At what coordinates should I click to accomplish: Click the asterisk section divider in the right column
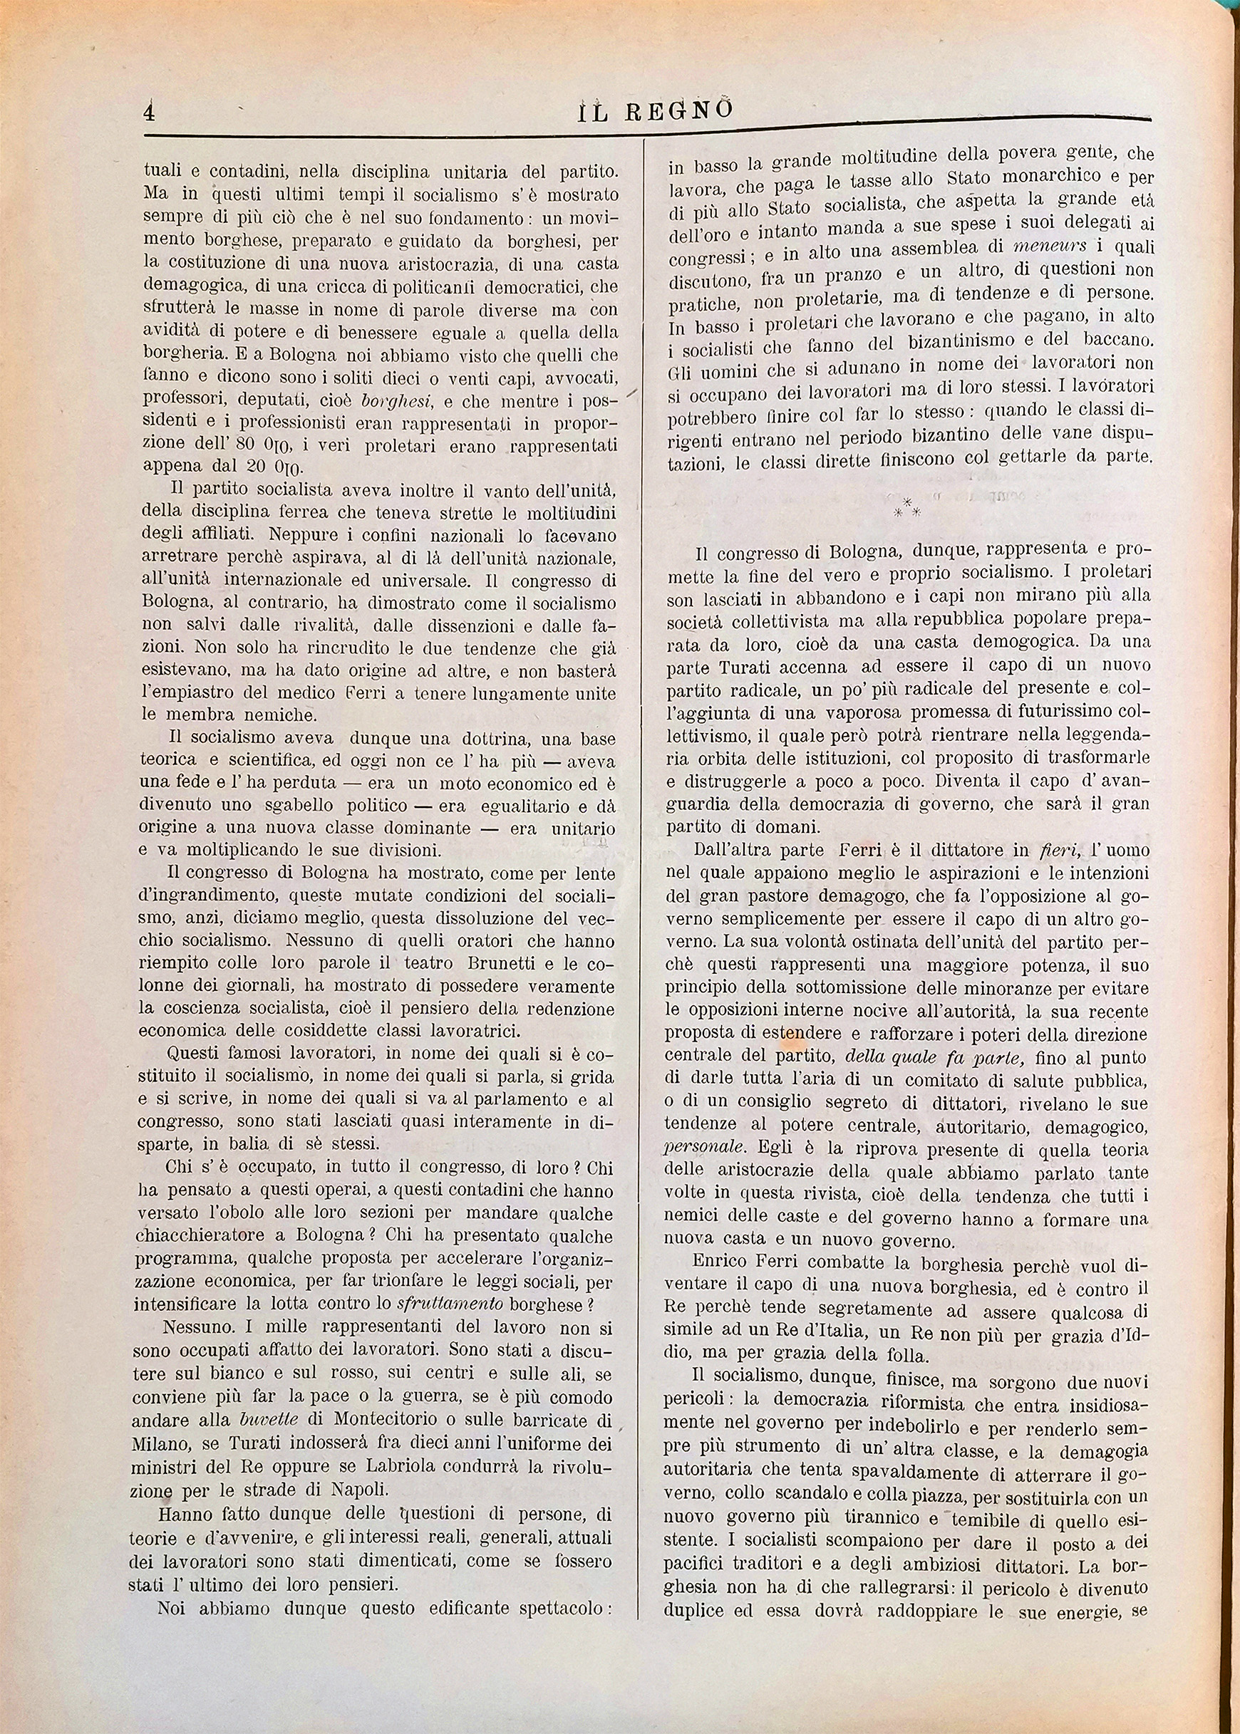pos(906,507)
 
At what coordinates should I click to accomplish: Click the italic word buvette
pos(267,1421)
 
